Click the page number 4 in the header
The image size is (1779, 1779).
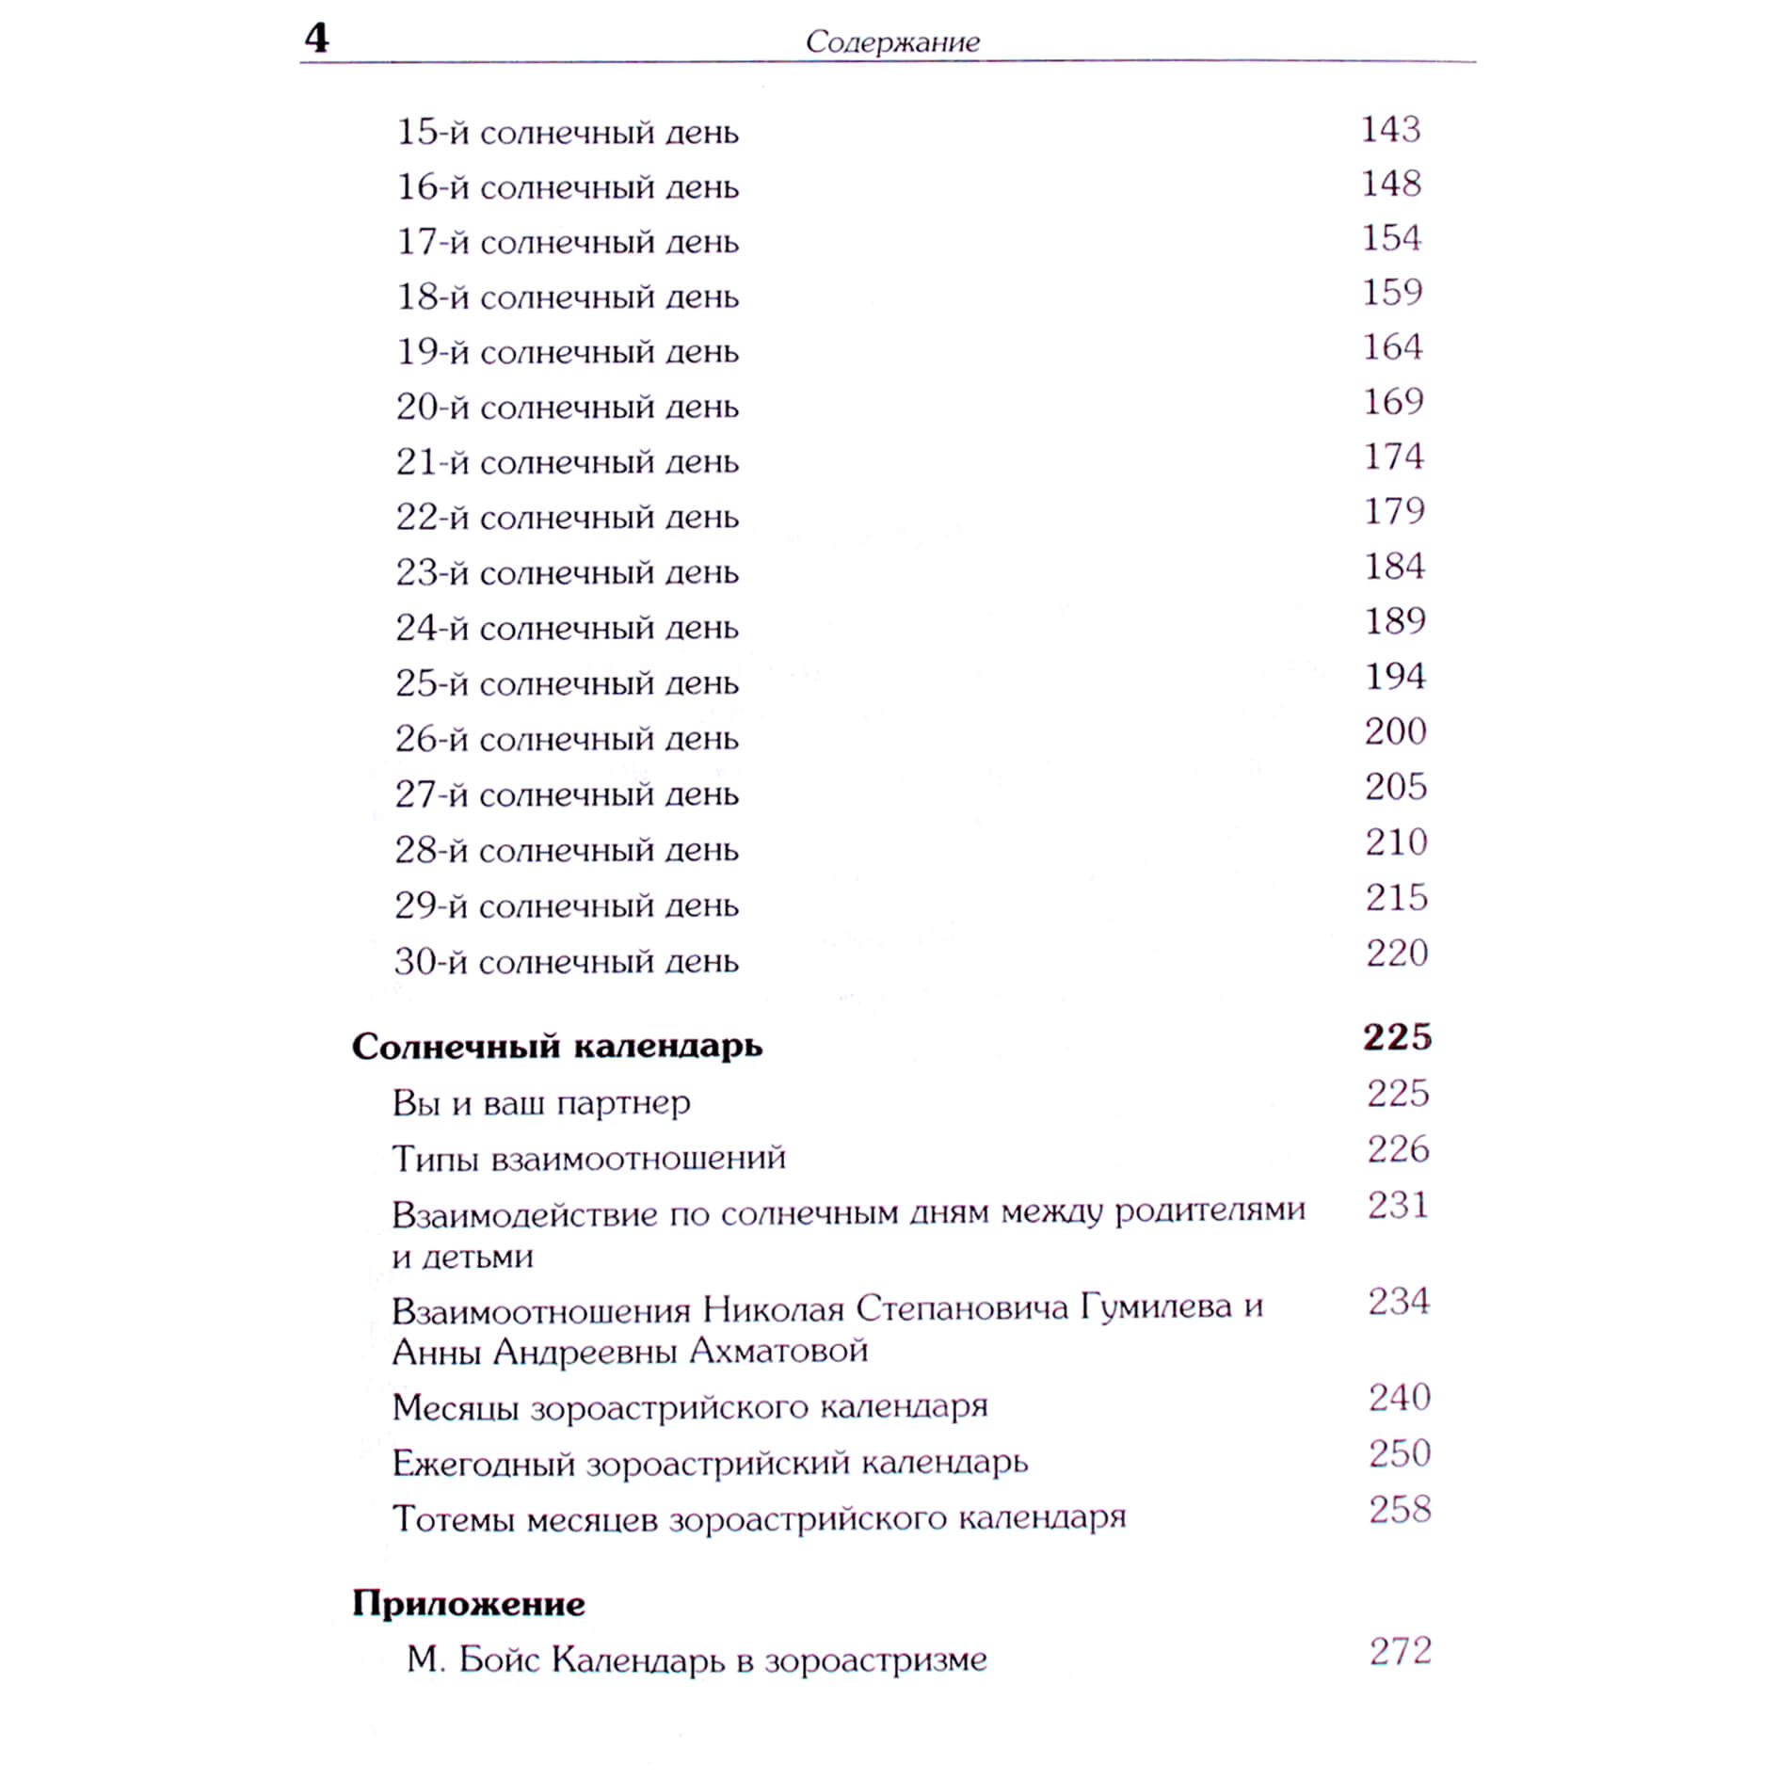pos(317,40)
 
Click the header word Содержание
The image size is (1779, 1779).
pos(892,42)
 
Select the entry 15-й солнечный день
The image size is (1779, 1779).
pos(567,133)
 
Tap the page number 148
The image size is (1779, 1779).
pos(1391,184)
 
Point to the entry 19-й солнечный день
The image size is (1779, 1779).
pos(567,352)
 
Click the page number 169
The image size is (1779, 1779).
pos(1393,402)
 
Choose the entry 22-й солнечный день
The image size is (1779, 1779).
pos(567,517)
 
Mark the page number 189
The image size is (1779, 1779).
pos(1395,621)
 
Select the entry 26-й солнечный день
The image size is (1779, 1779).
pos(567,739)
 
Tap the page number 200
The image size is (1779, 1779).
pos(1396,731)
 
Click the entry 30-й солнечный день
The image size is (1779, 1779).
pos(567,961)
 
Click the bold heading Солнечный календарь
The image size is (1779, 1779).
pos(557,1046)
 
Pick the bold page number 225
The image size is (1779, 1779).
pos(1398,1037)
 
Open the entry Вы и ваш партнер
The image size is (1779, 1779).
pos(541,1102)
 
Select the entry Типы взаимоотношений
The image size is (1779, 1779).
pos(588,1158)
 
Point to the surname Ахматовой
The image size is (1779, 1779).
pos(778,1352)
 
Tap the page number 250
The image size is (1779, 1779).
pos(1400,1453)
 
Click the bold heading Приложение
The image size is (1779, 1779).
pos(469,1603)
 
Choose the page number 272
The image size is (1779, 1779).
pos(1401,1651)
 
